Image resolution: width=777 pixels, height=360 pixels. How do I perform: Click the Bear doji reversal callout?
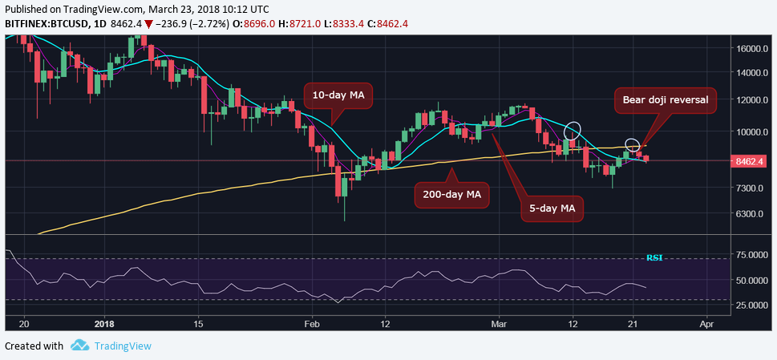pos(665,101)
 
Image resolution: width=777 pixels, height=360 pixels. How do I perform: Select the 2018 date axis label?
pos(103,323)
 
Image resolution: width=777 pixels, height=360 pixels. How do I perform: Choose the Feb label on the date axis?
pos(313,323)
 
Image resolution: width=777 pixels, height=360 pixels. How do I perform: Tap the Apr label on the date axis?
pos(706,323)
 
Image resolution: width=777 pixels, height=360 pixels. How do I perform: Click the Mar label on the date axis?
pos(498,323)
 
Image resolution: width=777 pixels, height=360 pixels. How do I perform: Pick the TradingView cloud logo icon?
pos(79,346)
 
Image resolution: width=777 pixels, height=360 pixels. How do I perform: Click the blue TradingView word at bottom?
pos(122,346)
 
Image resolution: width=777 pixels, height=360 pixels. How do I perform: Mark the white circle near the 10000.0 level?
pos(572,131)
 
